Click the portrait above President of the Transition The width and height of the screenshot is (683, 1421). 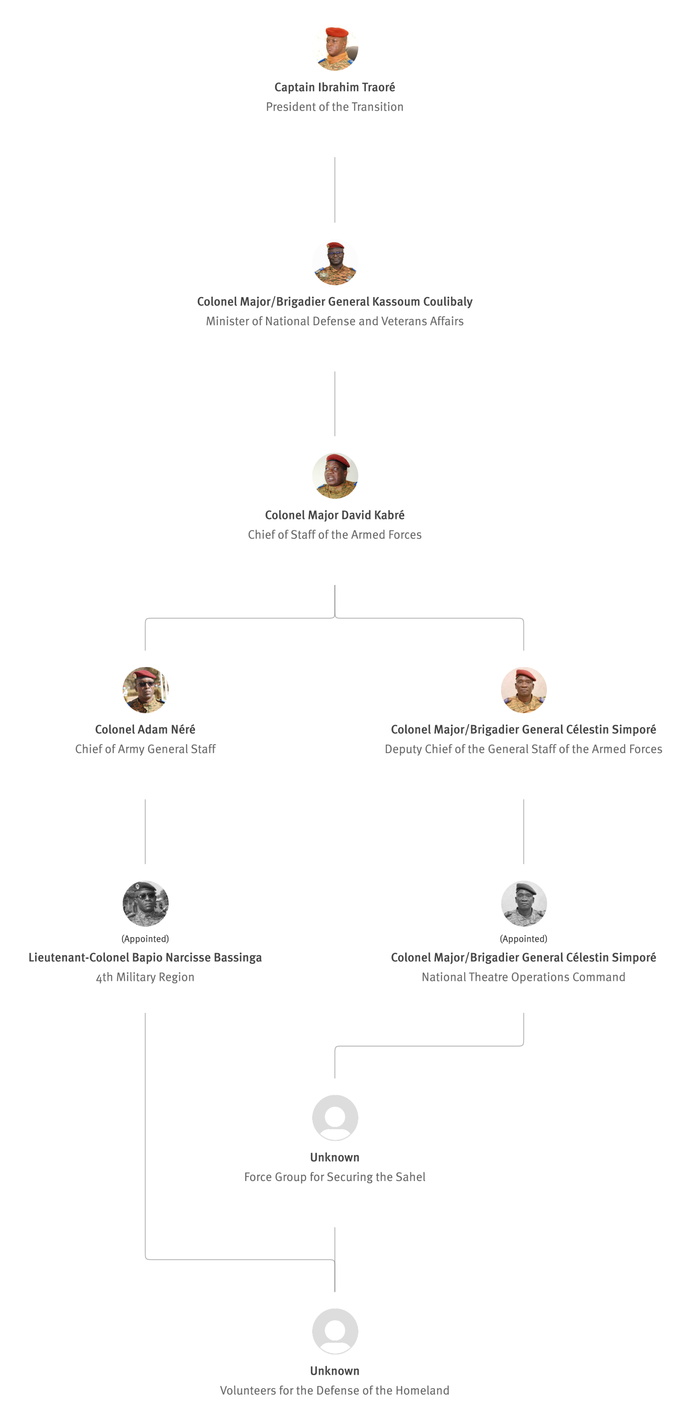coord(335,48)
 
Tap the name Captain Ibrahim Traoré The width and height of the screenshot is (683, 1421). coord(335,87)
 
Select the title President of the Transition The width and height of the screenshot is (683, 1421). coord(335,107)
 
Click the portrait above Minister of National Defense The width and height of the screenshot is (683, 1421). coord(335,262)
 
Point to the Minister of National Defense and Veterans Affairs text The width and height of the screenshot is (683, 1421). coord(335,321)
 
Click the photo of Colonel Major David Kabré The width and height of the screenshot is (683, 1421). coord(335,475)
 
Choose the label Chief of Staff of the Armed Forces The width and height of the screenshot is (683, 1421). coord(335,534)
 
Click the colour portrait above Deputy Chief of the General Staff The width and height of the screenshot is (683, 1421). coord(524,690)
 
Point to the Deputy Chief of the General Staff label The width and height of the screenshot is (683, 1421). coord(524,749)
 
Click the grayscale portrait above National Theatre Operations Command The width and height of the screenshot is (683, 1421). coord(524,903)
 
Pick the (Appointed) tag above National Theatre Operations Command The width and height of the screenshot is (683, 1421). coord(524,938)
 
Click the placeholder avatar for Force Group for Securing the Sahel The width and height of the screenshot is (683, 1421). coord(335,1118)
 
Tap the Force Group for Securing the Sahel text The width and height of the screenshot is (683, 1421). coord(335,1177)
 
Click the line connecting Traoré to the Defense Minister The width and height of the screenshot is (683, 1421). coord(335,190)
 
